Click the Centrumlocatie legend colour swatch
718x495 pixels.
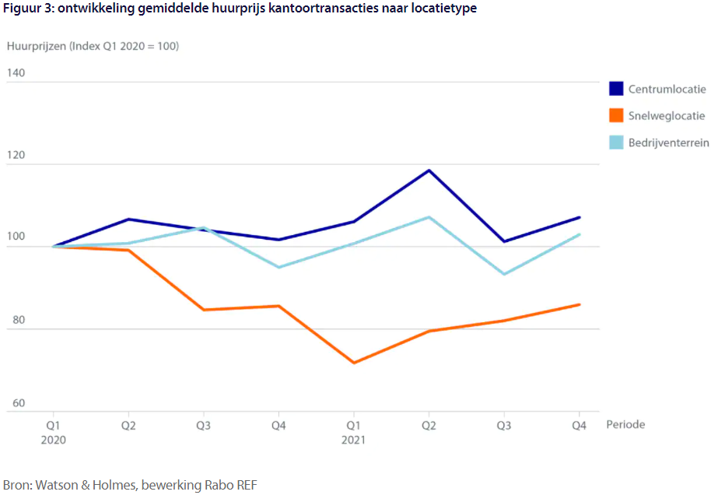pos(616,89)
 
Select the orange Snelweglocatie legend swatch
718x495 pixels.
pos(616,115)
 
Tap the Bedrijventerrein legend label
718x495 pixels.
pos(668,142)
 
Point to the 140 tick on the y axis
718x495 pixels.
pos(16,73)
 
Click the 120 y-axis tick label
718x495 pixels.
pos(16,156)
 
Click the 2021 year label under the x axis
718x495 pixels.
pos(354,440)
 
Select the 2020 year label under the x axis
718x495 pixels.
pos(54,440)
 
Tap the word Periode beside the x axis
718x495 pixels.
pos(625,425)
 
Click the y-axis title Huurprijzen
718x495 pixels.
pos(35,46)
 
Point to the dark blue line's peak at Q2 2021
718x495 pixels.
pos(429,170)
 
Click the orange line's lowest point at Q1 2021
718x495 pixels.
pos(354,363)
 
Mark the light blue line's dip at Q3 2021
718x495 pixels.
pos(504,274)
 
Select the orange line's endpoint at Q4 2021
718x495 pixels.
pos(580,304)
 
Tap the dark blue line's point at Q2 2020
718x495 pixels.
pos(128,219)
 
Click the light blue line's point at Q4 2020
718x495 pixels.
pos(278,267)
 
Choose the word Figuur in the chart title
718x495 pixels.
pos(19,9)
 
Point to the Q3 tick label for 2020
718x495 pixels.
pos(204,425)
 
